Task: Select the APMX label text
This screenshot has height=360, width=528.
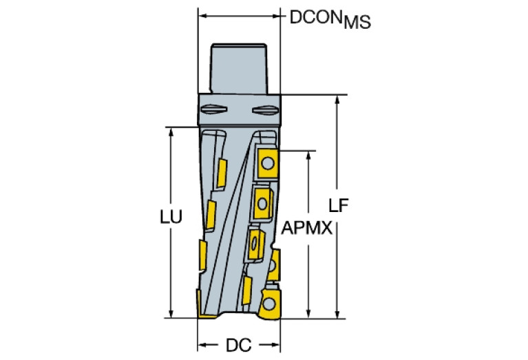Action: (x=306, y=227)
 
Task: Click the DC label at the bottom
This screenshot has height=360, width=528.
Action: (x=237, y=343)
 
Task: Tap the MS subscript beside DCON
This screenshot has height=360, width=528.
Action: (x=357, y=23)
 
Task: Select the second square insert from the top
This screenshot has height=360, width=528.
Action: (x=262, y=200)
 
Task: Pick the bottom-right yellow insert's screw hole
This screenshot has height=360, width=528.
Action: (x=269, y=304)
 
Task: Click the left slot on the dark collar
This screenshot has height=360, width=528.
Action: (x=211, y=109)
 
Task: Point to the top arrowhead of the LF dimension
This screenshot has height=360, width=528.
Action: (x=338, y=99)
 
